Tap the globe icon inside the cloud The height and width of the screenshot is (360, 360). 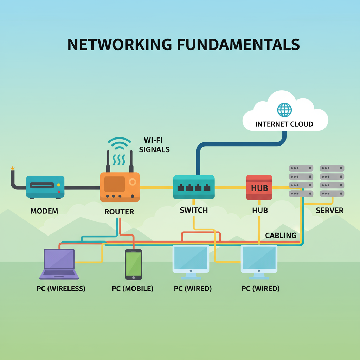coord(284,110)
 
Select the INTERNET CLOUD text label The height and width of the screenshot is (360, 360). coord(284,124)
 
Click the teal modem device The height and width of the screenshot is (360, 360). coord(45,187)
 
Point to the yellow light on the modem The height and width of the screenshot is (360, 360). coord(59,185)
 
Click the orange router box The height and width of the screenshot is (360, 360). coord(120,187)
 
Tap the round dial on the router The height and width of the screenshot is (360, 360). coord(133,182)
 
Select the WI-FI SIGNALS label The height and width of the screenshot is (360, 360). coord(154,144)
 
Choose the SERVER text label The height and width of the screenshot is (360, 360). coord(329,211)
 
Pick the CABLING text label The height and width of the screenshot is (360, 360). coord(281,236)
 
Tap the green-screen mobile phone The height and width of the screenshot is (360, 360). coord(134,264)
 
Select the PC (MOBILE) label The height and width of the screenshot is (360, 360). coord(133,289)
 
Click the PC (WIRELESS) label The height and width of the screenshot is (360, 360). coord(61,289)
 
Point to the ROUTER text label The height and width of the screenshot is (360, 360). coord(119,212)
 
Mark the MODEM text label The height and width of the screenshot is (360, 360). coord(44,211)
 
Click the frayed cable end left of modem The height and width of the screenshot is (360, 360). coord(13,169)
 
